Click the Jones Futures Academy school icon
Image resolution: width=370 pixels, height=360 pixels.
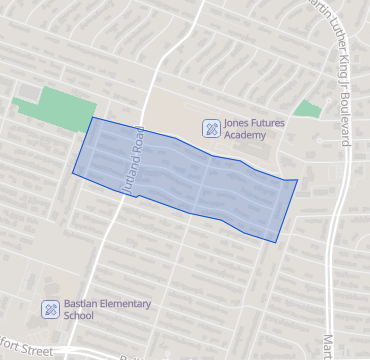point(211,127)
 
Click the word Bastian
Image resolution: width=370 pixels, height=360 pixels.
point(83,303)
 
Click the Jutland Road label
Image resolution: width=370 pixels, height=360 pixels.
point(129,164)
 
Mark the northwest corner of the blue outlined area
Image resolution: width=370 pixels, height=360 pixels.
point(93,118)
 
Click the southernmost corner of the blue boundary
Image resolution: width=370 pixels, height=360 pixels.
point(277,242)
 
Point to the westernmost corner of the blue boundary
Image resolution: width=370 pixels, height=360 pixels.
point(72,173)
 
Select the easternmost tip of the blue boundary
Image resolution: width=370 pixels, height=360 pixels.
point(298,180)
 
